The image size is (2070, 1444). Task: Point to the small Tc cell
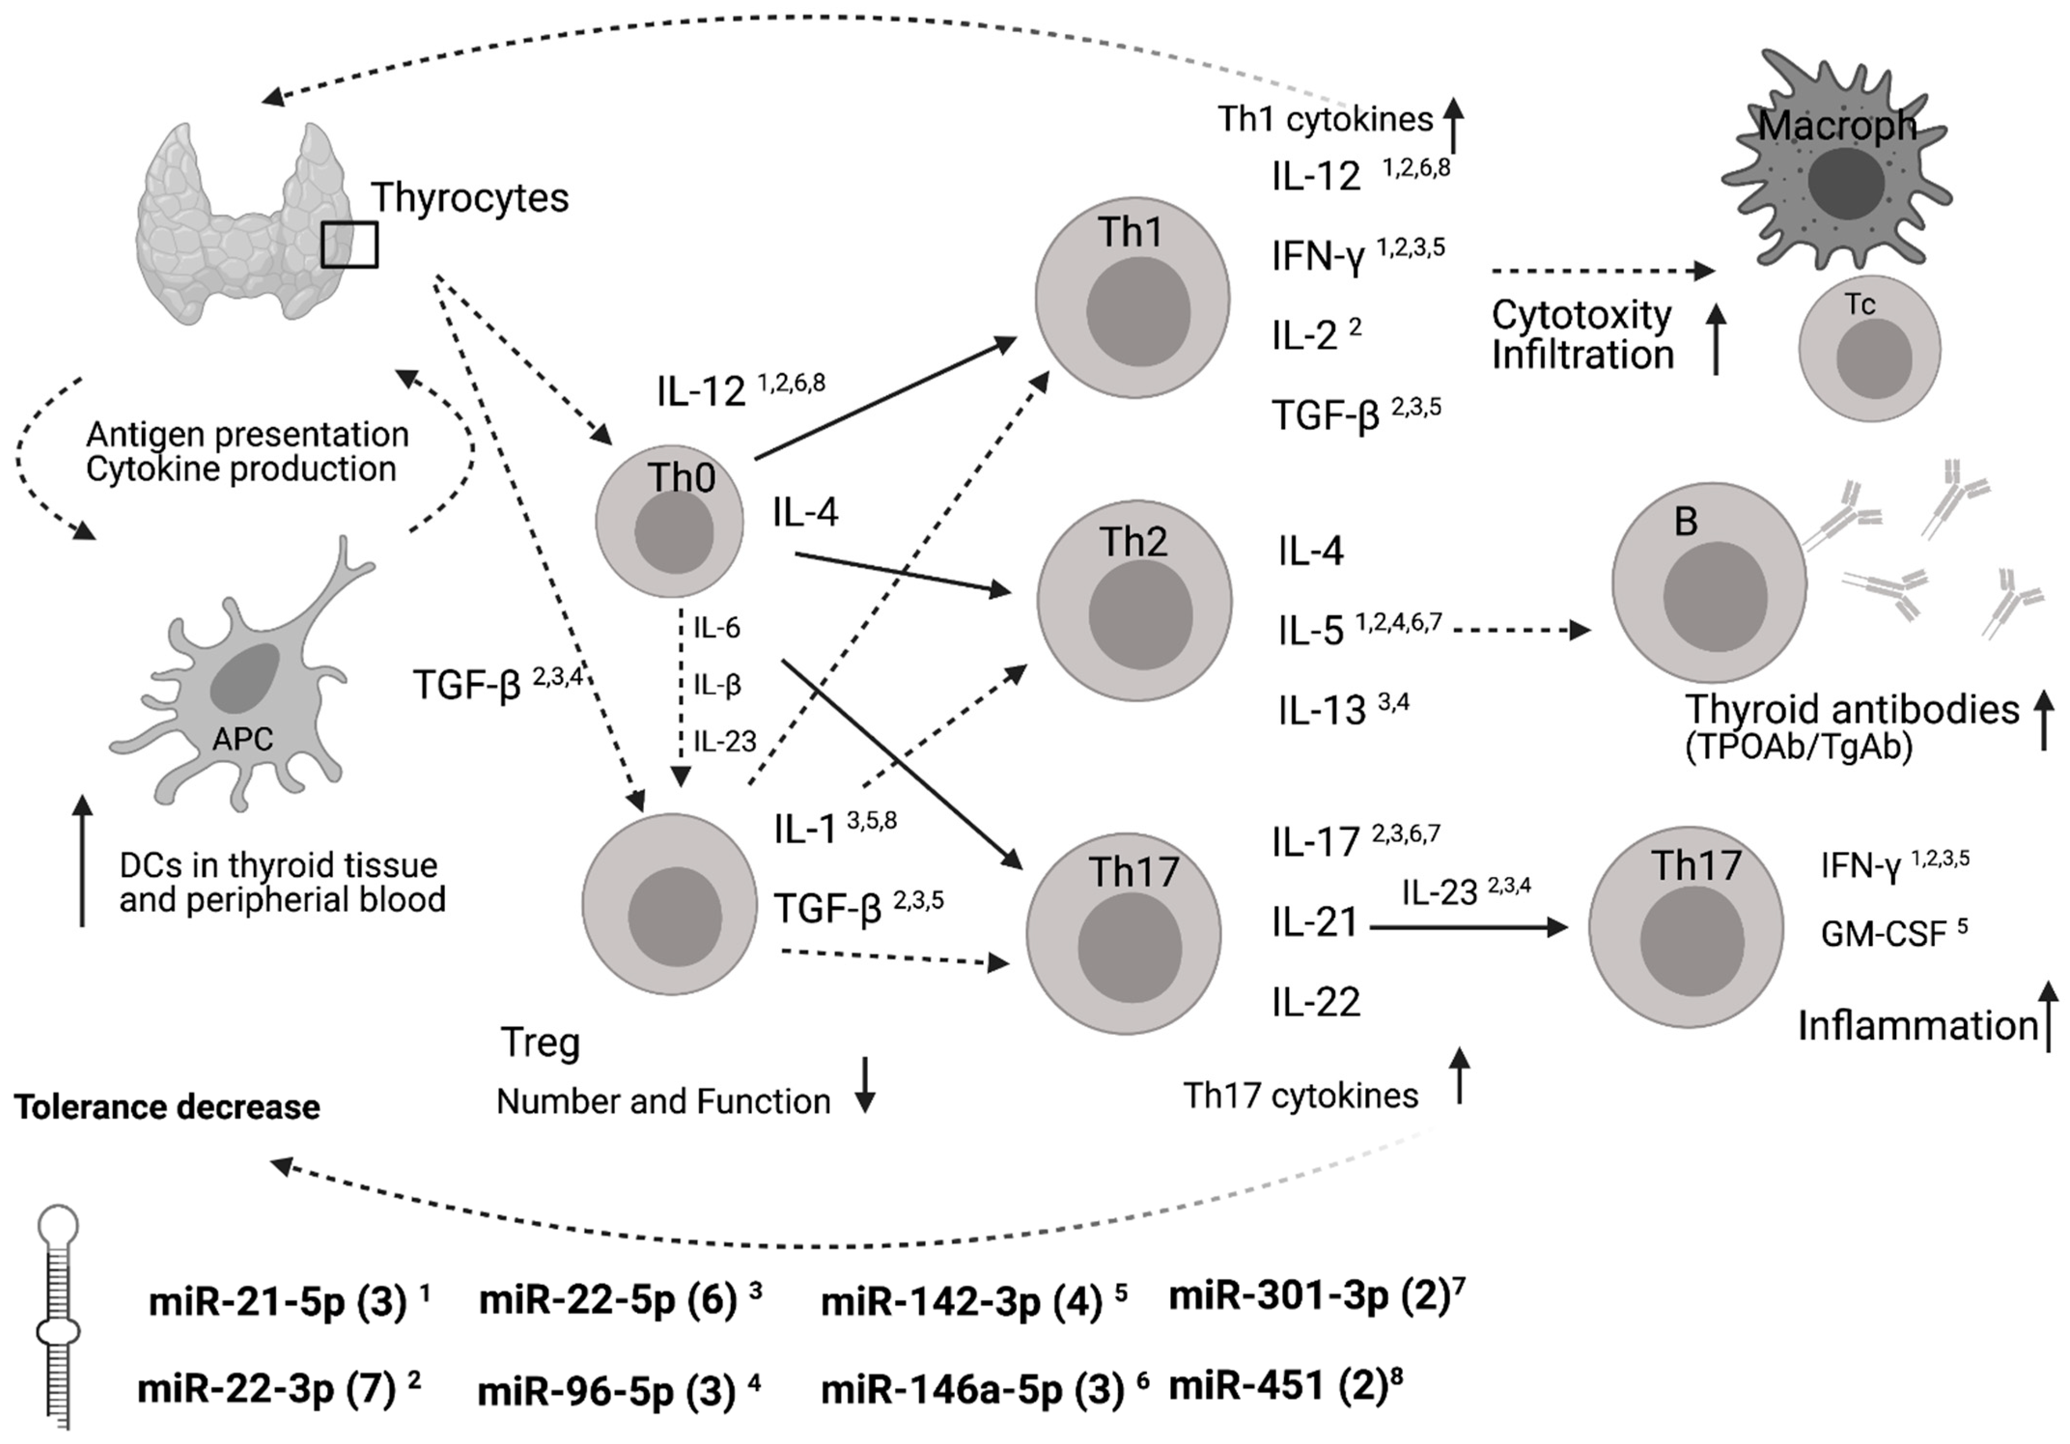(1869, 349)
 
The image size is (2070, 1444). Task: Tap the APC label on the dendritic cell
(242, 739)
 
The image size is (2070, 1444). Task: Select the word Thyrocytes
(470, 197)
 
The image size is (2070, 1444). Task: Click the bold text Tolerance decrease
(167, 1107)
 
